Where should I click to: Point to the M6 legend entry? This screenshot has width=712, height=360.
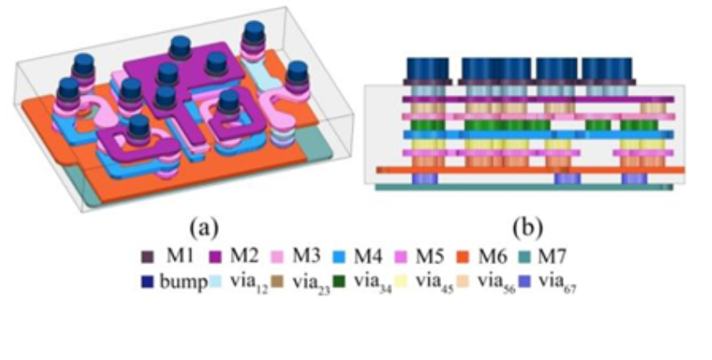pos(502,253)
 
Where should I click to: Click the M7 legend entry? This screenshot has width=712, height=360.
pos(567,253)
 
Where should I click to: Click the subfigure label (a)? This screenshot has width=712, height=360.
pos(205,226)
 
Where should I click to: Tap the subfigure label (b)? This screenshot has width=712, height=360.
pos(527,226)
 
